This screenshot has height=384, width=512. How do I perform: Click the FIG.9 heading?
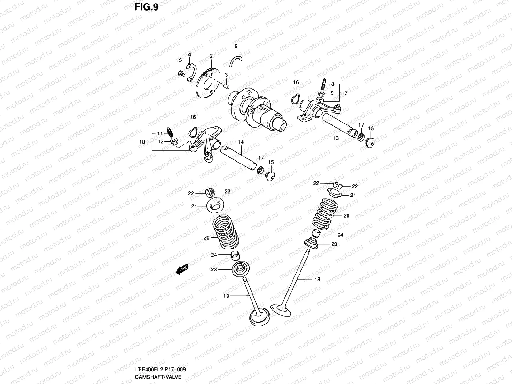146,7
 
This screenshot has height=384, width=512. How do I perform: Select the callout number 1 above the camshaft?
248,77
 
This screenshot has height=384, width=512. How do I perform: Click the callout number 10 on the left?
142,142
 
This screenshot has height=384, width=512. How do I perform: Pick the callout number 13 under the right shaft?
335,138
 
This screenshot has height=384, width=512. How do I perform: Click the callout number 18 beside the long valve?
317,279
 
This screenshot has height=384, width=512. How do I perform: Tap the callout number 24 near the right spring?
340,235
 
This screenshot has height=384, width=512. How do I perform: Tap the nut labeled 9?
322,94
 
